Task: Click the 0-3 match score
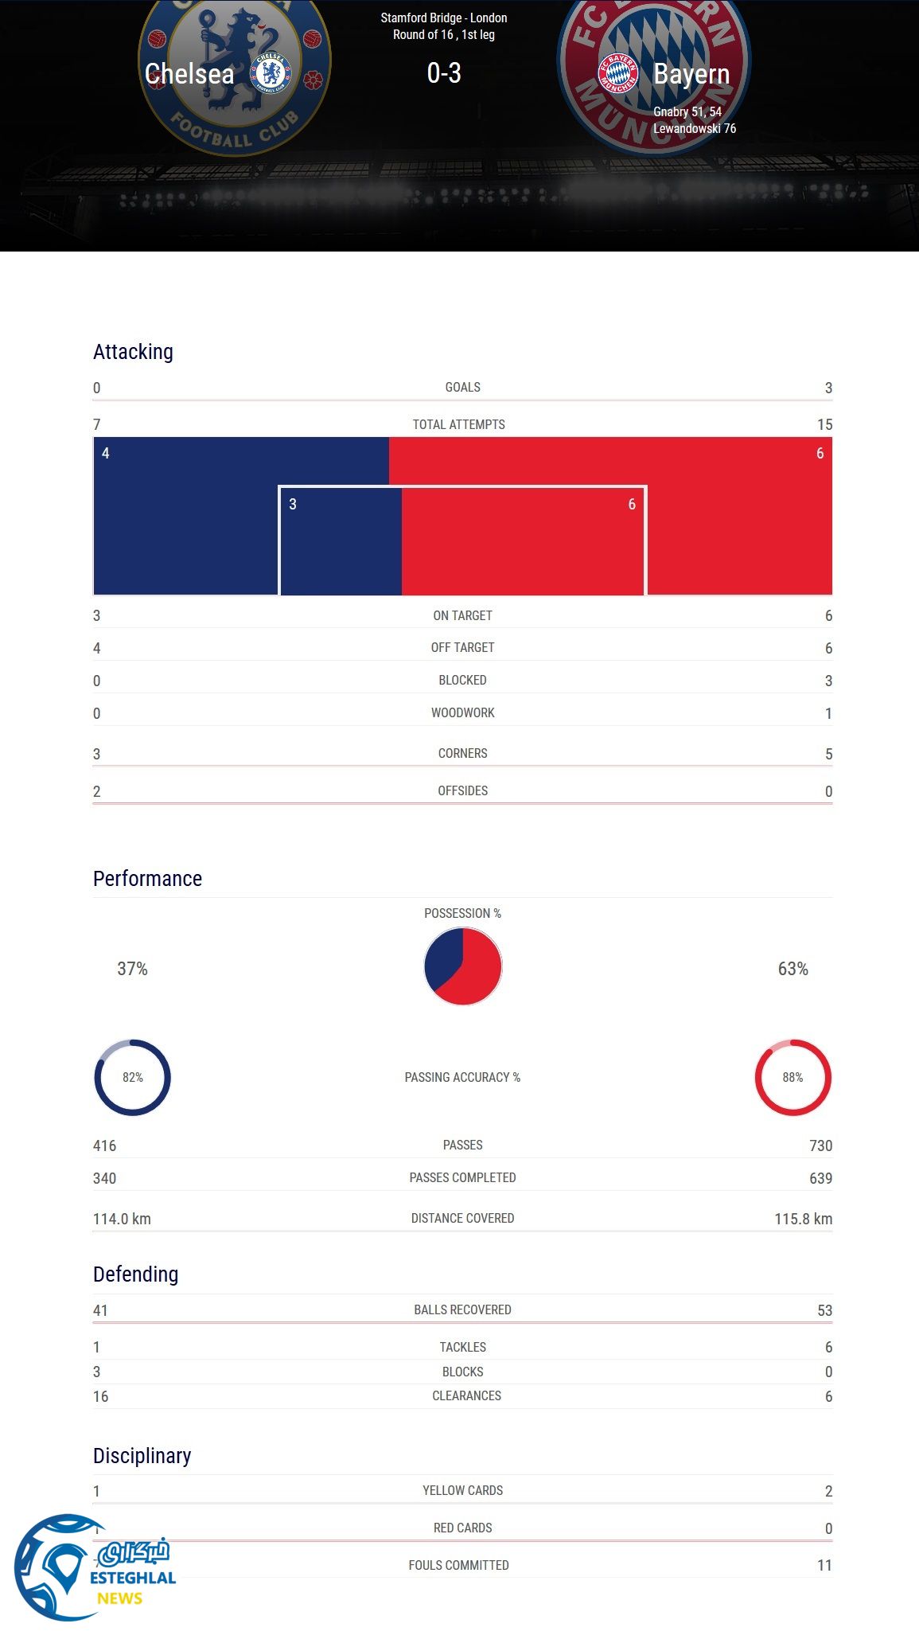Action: [444, 73]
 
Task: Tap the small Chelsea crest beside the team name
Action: [271, 73]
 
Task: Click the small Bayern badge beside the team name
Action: [618, 73]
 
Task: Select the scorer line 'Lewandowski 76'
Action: [695, 128]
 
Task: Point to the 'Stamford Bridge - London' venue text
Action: [444, 18]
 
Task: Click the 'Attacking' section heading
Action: [133, 352]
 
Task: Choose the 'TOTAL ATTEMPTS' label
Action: [459, 424]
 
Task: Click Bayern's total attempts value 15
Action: [824, 425]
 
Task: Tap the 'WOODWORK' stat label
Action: [463, 712]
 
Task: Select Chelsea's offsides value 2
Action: [97, 791]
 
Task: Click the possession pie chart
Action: [463, 966]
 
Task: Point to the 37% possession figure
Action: [133, 969]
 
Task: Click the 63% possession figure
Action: [792, 969]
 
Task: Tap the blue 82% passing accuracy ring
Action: [133, 1077]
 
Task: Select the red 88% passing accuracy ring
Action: [792, 1077]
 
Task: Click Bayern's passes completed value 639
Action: [820, 1178]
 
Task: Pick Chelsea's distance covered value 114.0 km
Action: [122, 1219]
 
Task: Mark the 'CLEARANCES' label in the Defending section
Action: [467, 1395]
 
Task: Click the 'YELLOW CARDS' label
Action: [463, 1490]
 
